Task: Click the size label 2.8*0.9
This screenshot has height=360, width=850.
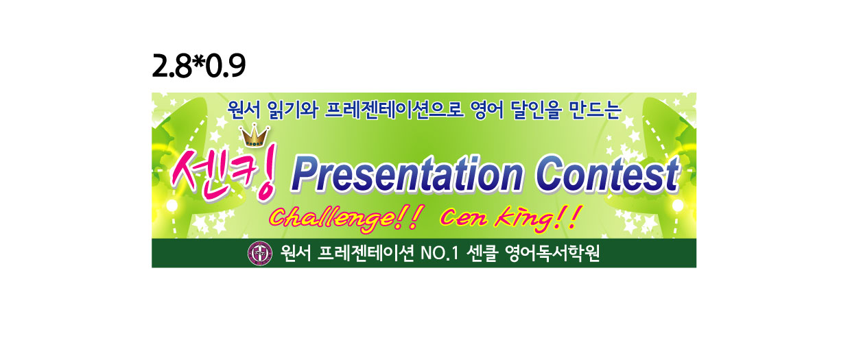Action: click(199, 66)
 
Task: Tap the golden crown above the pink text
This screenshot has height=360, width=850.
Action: click(255, 136)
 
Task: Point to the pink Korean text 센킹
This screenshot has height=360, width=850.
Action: click(224, 173)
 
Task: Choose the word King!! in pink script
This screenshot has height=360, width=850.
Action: click(537, 219)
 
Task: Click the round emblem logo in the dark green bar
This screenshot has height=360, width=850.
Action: click(260, 254)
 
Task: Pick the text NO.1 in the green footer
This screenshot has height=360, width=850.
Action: click(440, 254)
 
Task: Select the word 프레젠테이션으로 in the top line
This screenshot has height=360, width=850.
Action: click(394, 110)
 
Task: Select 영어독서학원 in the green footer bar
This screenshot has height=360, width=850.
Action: click(552, 254)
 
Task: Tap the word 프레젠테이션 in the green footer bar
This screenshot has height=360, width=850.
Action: click(366, 254)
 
